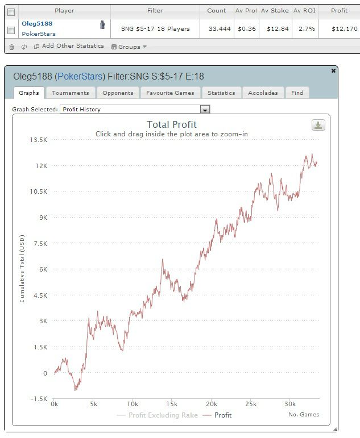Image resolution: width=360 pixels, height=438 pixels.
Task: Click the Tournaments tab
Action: pos(70,93)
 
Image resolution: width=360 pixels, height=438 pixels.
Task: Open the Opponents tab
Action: pos(118,93)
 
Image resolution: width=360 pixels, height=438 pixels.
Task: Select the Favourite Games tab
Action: pos(170,93)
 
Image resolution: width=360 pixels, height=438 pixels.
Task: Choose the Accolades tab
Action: pos(263,93)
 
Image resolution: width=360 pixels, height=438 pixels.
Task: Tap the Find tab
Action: pos(297,93)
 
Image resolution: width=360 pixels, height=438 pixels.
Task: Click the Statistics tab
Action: pos(221,93)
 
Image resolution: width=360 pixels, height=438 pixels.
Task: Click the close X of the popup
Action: pos(333,70)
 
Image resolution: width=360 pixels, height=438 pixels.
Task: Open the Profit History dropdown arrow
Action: pos(205,109)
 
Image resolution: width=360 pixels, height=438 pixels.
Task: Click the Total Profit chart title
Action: pos(172,124)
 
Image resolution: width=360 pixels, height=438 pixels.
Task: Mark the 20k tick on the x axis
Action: pos(211,403)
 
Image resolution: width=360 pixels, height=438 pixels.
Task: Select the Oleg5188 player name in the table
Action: pos(37,24)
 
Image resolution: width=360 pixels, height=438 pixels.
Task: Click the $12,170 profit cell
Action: pos(339,28)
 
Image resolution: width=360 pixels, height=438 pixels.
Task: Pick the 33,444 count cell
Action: pos(217,28)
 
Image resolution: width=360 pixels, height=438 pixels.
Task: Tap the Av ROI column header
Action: pos(304,10)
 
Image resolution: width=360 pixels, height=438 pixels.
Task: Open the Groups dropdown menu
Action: pos(129,47)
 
